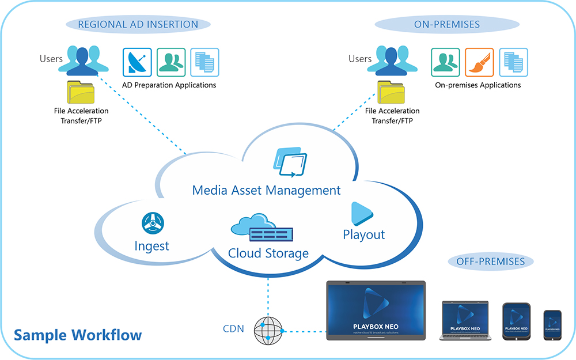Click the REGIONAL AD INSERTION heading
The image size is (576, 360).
[138, 24]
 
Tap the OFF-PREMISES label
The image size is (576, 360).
[490, 262]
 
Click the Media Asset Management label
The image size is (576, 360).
[266, 190]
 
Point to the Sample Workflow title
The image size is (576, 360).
[77, 335]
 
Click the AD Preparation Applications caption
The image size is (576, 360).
[169, 85]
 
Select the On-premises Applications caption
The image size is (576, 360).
[478, 85]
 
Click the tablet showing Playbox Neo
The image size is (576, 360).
[516, 323]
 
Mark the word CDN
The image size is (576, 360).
[233, 329]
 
